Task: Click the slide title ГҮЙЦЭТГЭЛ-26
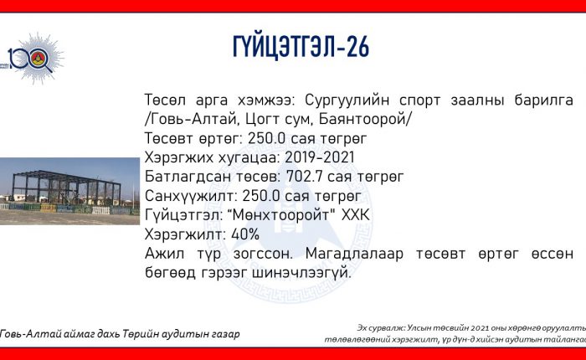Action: pyautogui.click(x=301, y=47)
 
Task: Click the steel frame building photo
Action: pyautogui.click(x=69, y=191)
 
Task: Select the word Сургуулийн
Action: pyautogui.click(x=347, y=100)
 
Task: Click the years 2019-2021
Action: pyautogui.click(x=320, y=157)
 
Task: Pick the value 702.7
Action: pyautogui.click(x=305, y=177)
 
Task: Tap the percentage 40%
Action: pyautogui.click(x=245, y=234)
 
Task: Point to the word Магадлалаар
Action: pyautogui.click(x=354, y=254)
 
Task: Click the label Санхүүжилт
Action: pyautogui.click(x=191, y=196)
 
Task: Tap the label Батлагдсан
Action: pyautogui.click(x=188, y=177)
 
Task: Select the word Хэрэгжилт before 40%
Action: pyautogui.click(x=185, y=234)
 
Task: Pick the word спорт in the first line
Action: pyautogui.click(x=419, y=101)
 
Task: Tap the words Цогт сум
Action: pyautogui.click(x=279, y=120)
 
